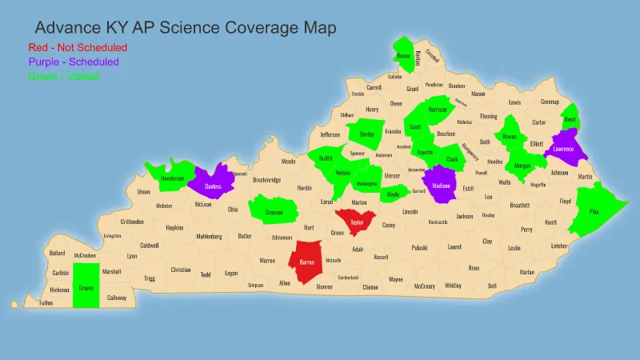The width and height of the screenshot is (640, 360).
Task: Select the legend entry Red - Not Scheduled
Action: (x=78, y=47)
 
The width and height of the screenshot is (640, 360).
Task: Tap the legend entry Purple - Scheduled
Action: (x=74, y=62)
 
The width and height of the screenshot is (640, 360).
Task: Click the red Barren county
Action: (x=306, y=262)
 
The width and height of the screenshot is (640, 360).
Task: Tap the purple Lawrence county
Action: (x=563, y=148)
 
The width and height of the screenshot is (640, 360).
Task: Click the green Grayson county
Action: (x=274, y=212)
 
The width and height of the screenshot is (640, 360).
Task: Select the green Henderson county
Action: (x=172, y=178)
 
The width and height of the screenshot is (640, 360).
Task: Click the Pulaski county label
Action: (x=422, y=249)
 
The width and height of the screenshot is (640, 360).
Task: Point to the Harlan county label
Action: (x=526, y=272)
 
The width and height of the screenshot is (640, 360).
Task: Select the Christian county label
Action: (x=181, y=270)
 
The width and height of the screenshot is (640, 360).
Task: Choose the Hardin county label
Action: (x=305, y=188)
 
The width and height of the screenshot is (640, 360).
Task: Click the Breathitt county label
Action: (x=520, y=205)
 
